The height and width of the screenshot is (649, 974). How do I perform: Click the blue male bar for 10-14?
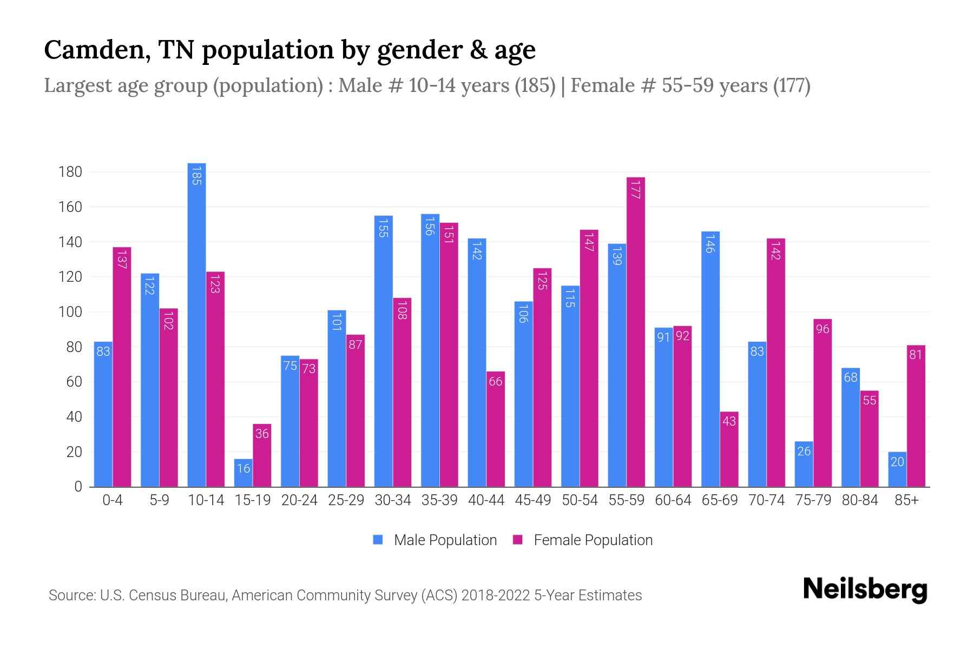point(196,325)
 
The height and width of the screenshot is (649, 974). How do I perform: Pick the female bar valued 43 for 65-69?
point(729,449)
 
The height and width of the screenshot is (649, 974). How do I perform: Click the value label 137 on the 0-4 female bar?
point(122,259)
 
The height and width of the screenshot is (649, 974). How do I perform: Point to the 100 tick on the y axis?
point(70,312)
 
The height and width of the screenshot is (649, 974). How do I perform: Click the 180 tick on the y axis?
point(70,172)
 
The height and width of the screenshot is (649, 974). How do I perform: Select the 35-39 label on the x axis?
point(439,500)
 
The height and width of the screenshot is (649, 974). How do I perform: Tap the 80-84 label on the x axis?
point(860,500)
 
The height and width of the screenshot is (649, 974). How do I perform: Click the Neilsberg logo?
point(865,590)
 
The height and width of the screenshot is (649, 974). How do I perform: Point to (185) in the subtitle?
point(535,85)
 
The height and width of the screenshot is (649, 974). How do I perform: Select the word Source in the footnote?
point(70,595)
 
